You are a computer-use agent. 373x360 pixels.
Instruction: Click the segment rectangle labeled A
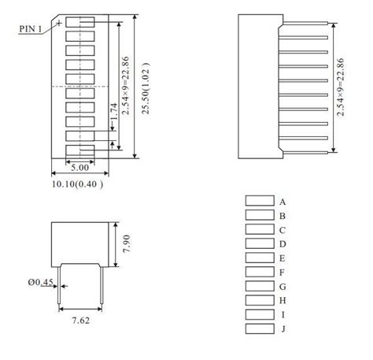(x=258, y=201)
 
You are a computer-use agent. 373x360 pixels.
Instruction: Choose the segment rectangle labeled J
(x=258, y=328)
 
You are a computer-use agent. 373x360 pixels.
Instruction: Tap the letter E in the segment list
(x=282, y=258)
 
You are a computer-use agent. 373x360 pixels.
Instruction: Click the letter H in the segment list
(x=282, y=300)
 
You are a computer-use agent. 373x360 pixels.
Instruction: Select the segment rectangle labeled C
(x=258, y=229)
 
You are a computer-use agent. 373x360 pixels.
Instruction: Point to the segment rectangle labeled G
(x=258, y=286)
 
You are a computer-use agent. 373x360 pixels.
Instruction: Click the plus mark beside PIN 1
(x=60, y=24)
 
